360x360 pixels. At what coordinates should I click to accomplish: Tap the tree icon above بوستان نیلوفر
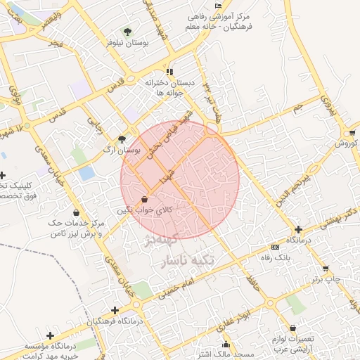(x=127, y=32)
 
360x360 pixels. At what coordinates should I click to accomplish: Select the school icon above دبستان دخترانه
(x=169, y=72)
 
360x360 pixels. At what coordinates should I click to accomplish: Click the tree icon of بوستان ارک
(x=123, y=139)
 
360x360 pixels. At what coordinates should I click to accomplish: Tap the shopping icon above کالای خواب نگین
(x=145, y=200)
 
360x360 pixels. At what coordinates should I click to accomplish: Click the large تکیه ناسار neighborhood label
(x=192, y=262)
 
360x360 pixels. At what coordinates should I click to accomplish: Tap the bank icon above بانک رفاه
(x=274, y=247)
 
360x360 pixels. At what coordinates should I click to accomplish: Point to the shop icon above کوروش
(x=351, y=132)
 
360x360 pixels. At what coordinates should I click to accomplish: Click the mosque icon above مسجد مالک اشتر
(x=226, y=345)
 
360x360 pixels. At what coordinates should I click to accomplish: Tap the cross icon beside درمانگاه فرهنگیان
(x=115, y=310)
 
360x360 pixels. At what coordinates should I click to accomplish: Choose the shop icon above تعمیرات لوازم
(x=293, y=328)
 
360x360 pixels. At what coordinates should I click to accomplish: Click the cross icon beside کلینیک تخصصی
(x=3, y=175)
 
